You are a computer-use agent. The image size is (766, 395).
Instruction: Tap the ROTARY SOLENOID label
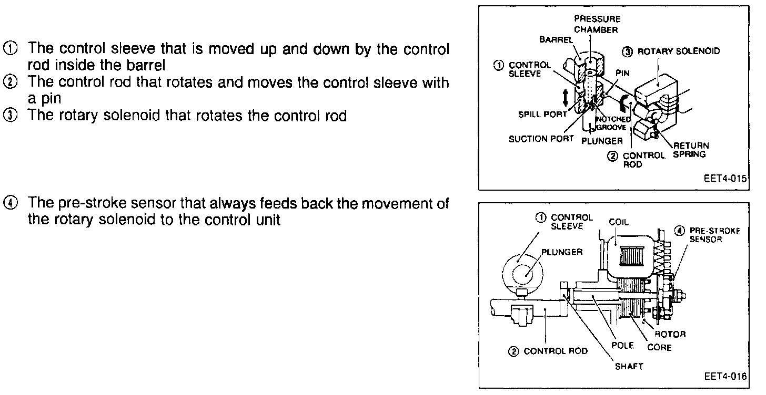coord(678,51)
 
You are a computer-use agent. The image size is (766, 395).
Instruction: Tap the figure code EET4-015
coord(724,179)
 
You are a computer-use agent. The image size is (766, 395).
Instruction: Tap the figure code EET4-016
coord(724,377)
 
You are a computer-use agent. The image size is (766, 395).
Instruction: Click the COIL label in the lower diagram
coord(619,222)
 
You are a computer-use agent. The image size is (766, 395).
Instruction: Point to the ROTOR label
coord(669,334)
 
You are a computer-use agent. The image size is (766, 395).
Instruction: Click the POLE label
coord(622,346)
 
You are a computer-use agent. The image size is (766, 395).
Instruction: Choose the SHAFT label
coord(629,367)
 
